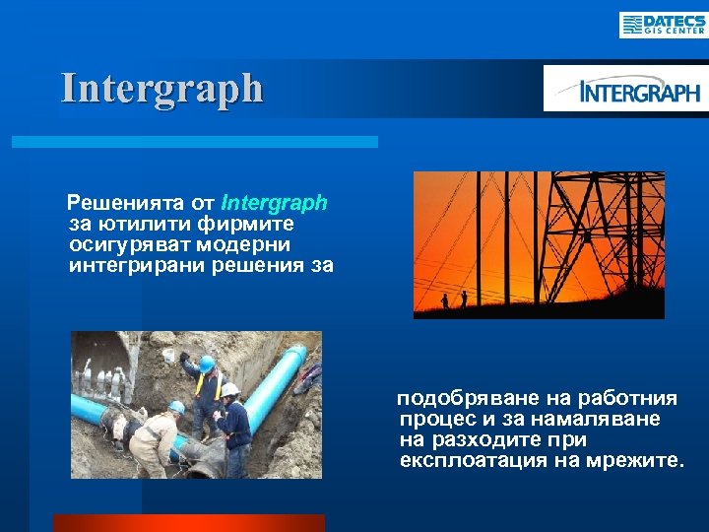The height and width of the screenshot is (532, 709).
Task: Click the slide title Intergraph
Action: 162,88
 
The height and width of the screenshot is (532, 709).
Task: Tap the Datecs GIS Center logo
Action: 662,24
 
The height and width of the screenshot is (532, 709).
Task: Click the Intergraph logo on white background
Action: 625,92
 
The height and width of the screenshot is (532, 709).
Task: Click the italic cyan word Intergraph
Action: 275,204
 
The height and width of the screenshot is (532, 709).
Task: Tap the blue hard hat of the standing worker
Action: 207,364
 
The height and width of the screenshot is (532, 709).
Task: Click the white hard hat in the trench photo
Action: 230,390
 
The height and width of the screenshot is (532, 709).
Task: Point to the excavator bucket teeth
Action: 103,379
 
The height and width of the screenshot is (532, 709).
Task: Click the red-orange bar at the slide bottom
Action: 188,522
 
